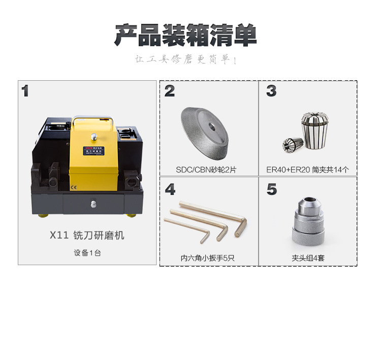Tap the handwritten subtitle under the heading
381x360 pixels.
(x=186, y=60)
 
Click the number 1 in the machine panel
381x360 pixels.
(x=25, y=91)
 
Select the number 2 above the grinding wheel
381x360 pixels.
(x=170, y=91)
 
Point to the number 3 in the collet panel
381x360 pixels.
(x=271, y=91)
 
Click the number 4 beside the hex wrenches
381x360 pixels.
(x=170, y=190)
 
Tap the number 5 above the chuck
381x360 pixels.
(x=271, y=190)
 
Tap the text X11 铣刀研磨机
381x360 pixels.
(x=87, y=236)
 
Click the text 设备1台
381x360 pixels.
(x=87, y=252)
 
